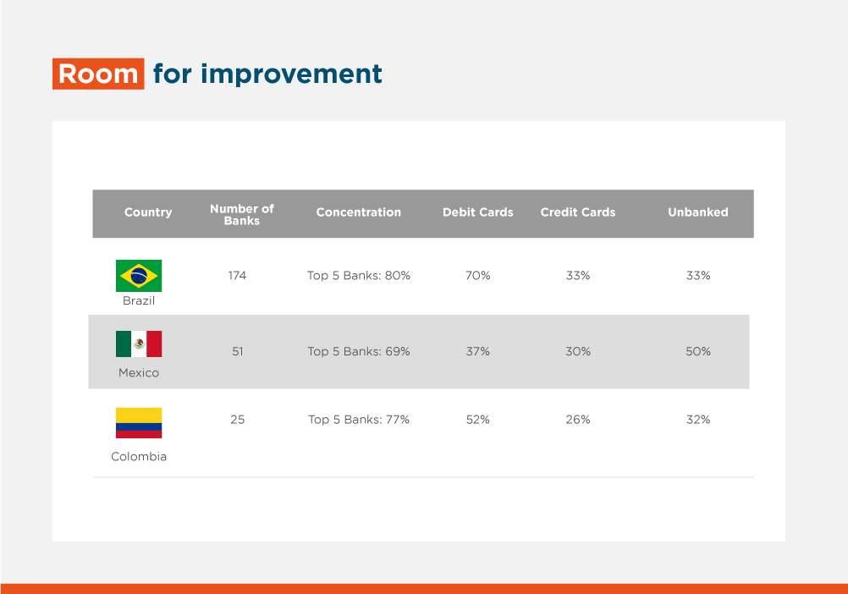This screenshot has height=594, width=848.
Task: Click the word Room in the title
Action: pos(98,74)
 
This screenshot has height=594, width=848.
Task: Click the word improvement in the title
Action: pos(291,74)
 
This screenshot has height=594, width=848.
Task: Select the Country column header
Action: pos(148,212)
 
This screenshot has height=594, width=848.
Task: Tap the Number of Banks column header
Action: pos(242,215)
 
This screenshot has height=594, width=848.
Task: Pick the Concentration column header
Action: pos(359,212)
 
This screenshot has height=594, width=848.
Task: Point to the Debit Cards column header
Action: pos(478,212)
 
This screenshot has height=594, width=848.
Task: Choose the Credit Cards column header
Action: pos(578,212)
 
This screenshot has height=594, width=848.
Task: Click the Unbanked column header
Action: pos(698,212)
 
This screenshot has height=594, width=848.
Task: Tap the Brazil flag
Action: pos(139,276)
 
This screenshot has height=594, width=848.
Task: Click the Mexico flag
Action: pos(139,344)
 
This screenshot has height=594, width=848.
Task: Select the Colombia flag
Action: pos(139,423)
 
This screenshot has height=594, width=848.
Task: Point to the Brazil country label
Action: pos(139,300)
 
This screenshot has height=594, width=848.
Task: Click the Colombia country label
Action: pos(139,457)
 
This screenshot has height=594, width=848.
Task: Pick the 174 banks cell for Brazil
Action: pos(238,276)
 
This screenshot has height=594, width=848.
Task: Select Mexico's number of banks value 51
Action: pos(238,351)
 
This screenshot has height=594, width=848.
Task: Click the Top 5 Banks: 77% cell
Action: pos(359,420)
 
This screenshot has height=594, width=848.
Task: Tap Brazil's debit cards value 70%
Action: pos(478,276)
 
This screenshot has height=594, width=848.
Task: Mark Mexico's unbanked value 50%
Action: pos(698,351)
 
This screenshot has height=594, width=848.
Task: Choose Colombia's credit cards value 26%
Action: pos(578,420)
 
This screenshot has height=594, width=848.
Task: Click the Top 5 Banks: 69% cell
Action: pos(359,351)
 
